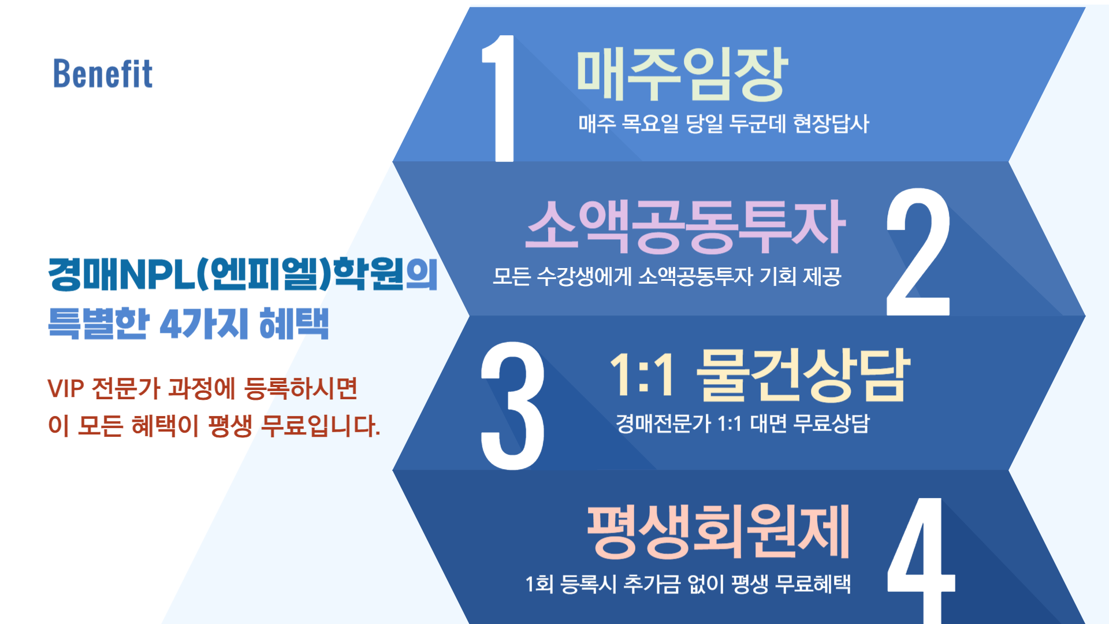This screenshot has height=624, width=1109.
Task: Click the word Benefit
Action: [103, 74]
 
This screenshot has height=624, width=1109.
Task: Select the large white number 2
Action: [918, 252]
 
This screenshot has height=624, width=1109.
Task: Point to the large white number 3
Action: [512, 405]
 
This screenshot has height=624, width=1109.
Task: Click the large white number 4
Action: [921, 559]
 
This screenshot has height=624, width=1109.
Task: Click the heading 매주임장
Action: [682, 73]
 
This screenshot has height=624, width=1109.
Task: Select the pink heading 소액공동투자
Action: [685, 226]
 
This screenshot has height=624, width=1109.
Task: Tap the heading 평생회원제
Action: [718, 531]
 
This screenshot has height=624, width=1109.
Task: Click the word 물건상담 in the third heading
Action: [803, 375]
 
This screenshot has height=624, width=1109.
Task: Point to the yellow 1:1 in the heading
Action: [642, 375]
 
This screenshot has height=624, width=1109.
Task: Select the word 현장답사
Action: [831, 123]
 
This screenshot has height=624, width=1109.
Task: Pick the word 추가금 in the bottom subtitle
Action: [652, 584]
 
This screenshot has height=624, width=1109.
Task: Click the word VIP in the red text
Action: [66, 389]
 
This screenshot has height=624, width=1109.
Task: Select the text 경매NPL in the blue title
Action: [121, 274]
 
